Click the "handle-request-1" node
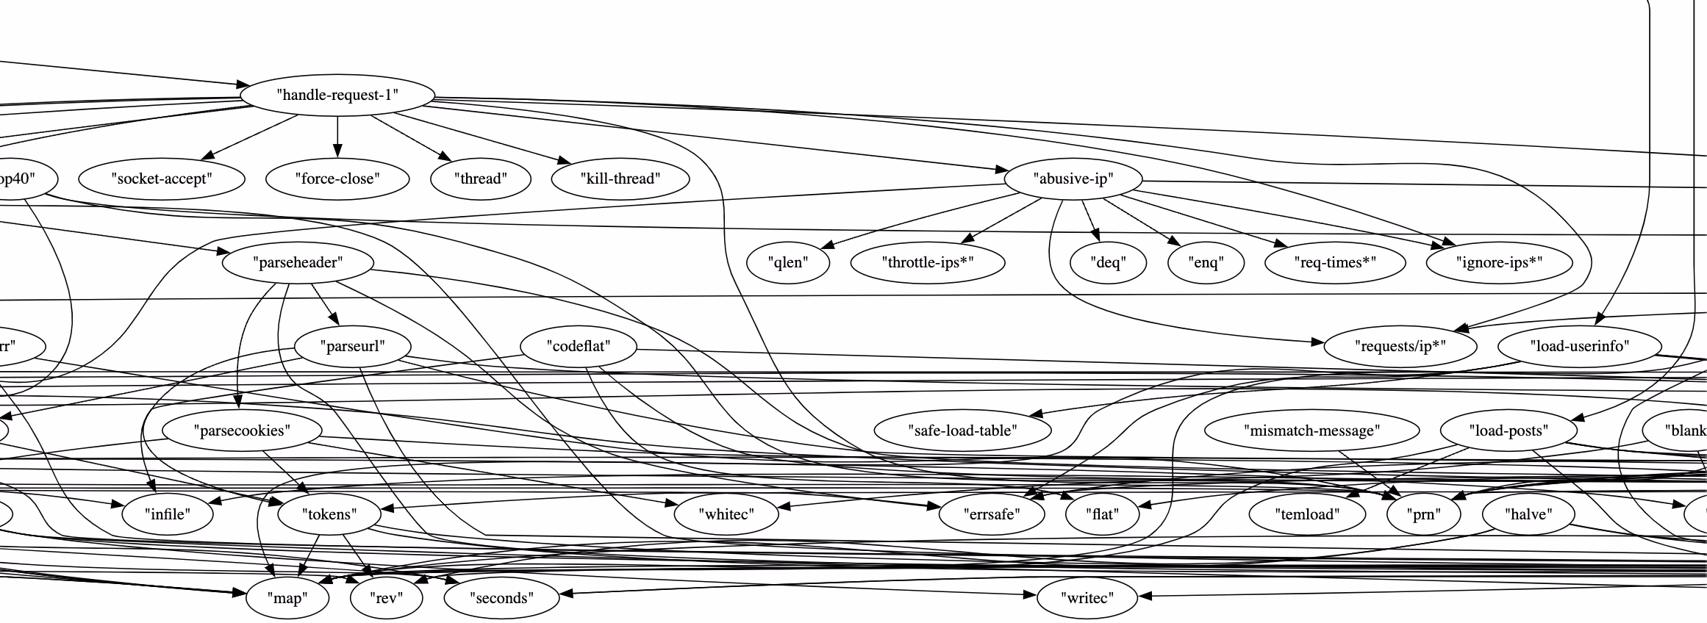tap(337, 95)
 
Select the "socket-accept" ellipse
tap(162, 179)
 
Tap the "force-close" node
tap(337, 179)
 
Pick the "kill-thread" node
tap(620, 179)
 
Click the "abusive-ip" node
tap(1073, 179)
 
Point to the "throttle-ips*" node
tap(928, 262)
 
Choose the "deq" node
tap(1108, 262)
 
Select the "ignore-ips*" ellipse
tap(1499, 262)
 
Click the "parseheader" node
tap(298, 262)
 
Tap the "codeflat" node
tap(579, 346)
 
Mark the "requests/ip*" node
tap(1400, 346)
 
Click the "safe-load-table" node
tap(962, 431)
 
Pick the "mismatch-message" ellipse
tap(1312, 431)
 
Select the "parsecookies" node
tap(242, 431)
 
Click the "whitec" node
tap(726, 514)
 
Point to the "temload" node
tap(1307, 514)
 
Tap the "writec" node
tap(1087, 598)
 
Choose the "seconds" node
tap(501, 598)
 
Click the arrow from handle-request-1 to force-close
tap(337, 136)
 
